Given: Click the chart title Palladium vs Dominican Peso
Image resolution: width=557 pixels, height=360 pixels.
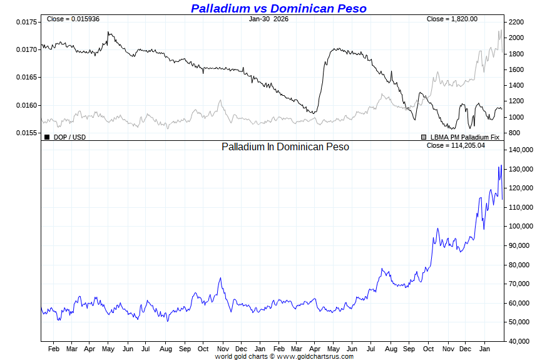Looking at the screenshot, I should (x=278, y=8).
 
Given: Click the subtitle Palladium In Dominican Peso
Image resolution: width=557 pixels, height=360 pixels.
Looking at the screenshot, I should (x=285, y=147).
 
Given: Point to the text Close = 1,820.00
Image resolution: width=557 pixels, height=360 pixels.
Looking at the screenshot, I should (x=452, y=19).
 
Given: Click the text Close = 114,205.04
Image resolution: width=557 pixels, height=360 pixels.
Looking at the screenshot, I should (x=456, y=145).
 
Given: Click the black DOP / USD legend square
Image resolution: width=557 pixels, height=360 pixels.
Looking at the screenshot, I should (x=47, y=136).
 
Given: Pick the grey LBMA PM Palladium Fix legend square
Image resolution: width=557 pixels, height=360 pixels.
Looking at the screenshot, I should (x=424, y=136).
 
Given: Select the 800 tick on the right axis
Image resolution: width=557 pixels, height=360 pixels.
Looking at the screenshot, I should (x=514, y=133).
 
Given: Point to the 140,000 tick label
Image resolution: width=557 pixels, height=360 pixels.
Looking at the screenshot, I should (x=521, y=150).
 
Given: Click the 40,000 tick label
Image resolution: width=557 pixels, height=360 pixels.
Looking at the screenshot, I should (x=519, y=341).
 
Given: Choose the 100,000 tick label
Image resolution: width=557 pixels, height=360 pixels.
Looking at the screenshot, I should (x=521, y=227).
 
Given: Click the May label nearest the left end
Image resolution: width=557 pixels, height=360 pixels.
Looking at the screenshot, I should (x=108, y=348).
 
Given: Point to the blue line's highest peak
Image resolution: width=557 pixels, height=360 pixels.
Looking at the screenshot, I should (x=501, y=165).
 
